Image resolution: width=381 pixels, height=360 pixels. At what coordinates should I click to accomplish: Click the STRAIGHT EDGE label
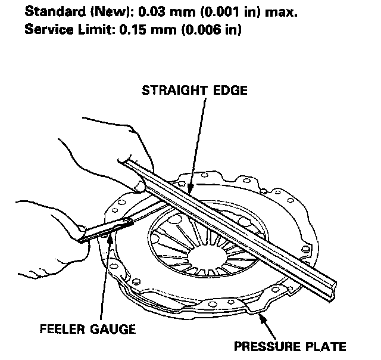click(193, 90)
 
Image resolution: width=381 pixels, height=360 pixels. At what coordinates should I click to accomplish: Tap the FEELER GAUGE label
click(88, 328)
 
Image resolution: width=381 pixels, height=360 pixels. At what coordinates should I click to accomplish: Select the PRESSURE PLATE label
click(290, 345)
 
